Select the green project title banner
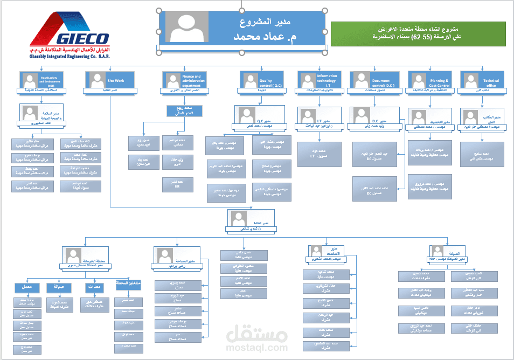418,33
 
